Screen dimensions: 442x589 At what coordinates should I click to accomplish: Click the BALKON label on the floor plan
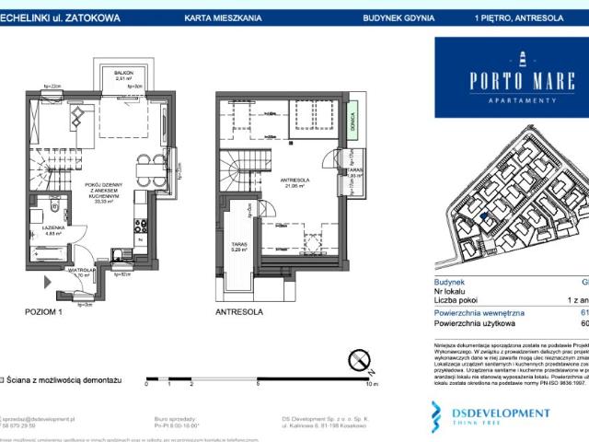coord(124,72)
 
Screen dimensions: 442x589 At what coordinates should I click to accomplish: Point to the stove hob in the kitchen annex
coord(138,225)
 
